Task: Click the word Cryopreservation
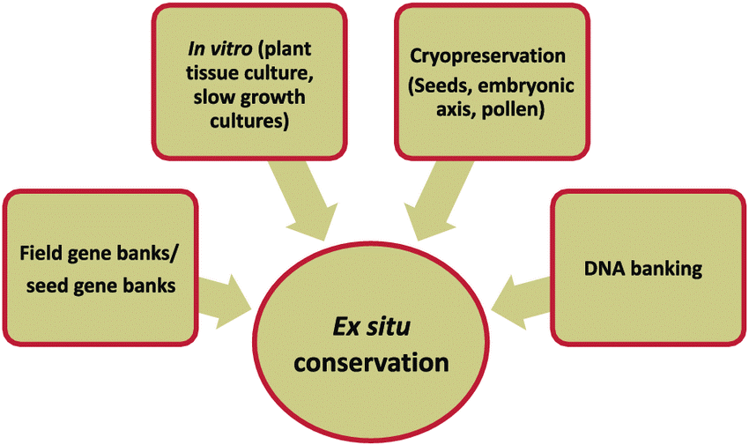point(487,56)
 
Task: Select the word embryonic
point(526,86)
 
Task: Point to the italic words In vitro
point(219,48)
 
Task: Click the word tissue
point(212,73)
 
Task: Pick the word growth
point(273,98)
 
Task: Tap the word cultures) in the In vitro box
point(249,122)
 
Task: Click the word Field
point(41,253)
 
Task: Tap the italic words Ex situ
point(371,328)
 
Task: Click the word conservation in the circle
point(371,363)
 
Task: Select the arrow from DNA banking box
point(520,301)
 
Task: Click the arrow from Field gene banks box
point(225,301)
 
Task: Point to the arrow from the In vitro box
point(305,199)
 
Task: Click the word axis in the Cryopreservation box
point(456,110)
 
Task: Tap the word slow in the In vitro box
point(213,98)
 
